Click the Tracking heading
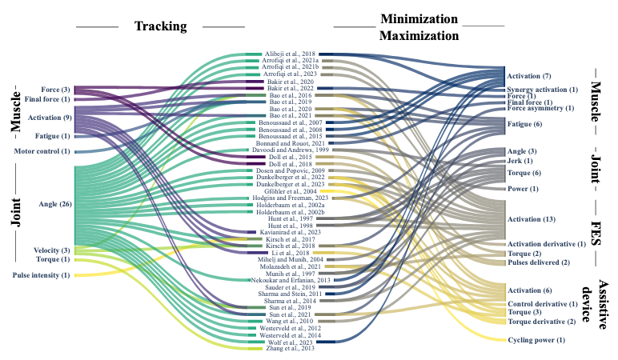pyautogui.click(x=160, y=26)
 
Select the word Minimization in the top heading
pyautogui.click(x=419, y=18)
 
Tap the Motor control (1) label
pyautogui.click(x=42, y=151)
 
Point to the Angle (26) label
pyautogui.click(x=54, y=205)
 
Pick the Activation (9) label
pyautogui.click(x=50, y=118)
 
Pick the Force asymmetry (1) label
pyautogui.click(x=540, y=108)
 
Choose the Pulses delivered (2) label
pyautogui.click(x=538, y=262)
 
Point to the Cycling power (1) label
pyautogui.click(x=536, y=341)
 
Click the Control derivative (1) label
pyautogui.click(x=543, y=304)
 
